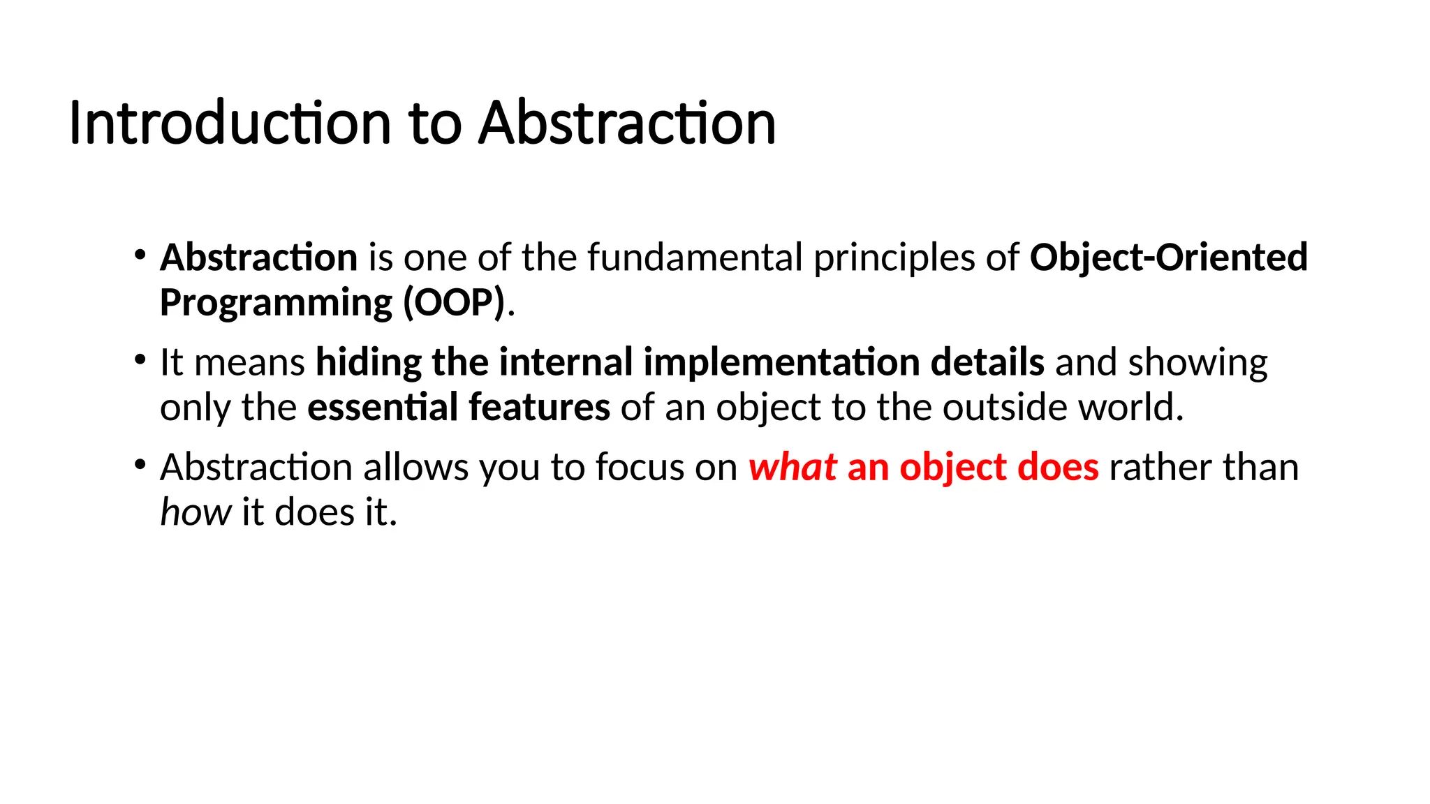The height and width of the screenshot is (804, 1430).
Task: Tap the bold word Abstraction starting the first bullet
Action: point(259,258)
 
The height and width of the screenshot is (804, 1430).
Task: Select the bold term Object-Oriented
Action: point(1168,258)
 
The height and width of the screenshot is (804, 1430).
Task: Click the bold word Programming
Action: point(277,303)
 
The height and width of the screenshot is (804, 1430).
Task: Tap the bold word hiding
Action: point(368,363)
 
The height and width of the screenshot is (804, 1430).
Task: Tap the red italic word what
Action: point(793,467)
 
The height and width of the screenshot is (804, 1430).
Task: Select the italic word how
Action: point(196,512)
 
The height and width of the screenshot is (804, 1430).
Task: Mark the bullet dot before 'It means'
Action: point(140,360)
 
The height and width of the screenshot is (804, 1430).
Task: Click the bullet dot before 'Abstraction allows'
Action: point(140,465)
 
